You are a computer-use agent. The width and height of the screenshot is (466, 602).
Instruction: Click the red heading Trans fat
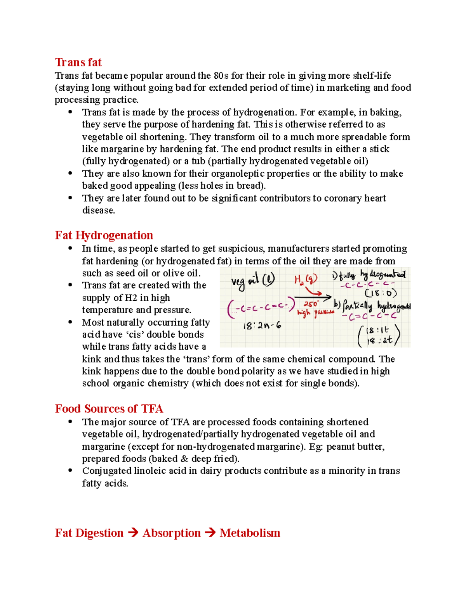coord(78,62)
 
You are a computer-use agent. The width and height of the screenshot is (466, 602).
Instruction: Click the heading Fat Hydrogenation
coord(104,235)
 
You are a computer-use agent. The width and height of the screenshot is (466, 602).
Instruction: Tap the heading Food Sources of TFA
coord(109,409)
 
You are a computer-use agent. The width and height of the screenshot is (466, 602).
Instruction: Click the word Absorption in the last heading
coord(171,533)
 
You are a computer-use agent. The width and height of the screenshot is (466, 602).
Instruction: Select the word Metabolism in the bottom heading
coord(250,533)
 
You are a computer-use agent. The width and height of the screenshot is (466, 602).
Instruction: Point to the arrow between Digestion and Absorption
coord(133,533)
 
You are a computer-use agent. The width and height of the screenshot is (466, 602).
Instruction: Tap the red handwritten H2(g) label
coord(305,279)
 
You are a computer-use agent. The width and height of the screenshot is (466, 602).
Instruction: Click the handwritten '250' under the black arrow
coord(311,304)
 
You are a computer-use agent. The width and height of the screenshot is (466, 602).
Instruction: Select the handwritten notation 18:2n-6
coord(262,326)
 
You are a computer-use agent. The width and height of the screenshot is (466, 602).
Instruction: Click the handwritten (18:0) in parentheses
coord(380,293)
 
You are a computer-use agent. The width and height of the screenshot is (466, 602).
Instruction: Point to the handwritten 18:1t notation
coord(377,331)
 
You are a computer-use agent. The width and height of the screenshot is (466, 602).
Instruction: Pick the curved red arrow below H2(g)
coord(313,291)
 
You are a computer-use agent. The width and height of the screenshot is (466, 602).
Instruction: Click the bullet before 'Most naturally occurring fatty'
coord(70,322)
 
